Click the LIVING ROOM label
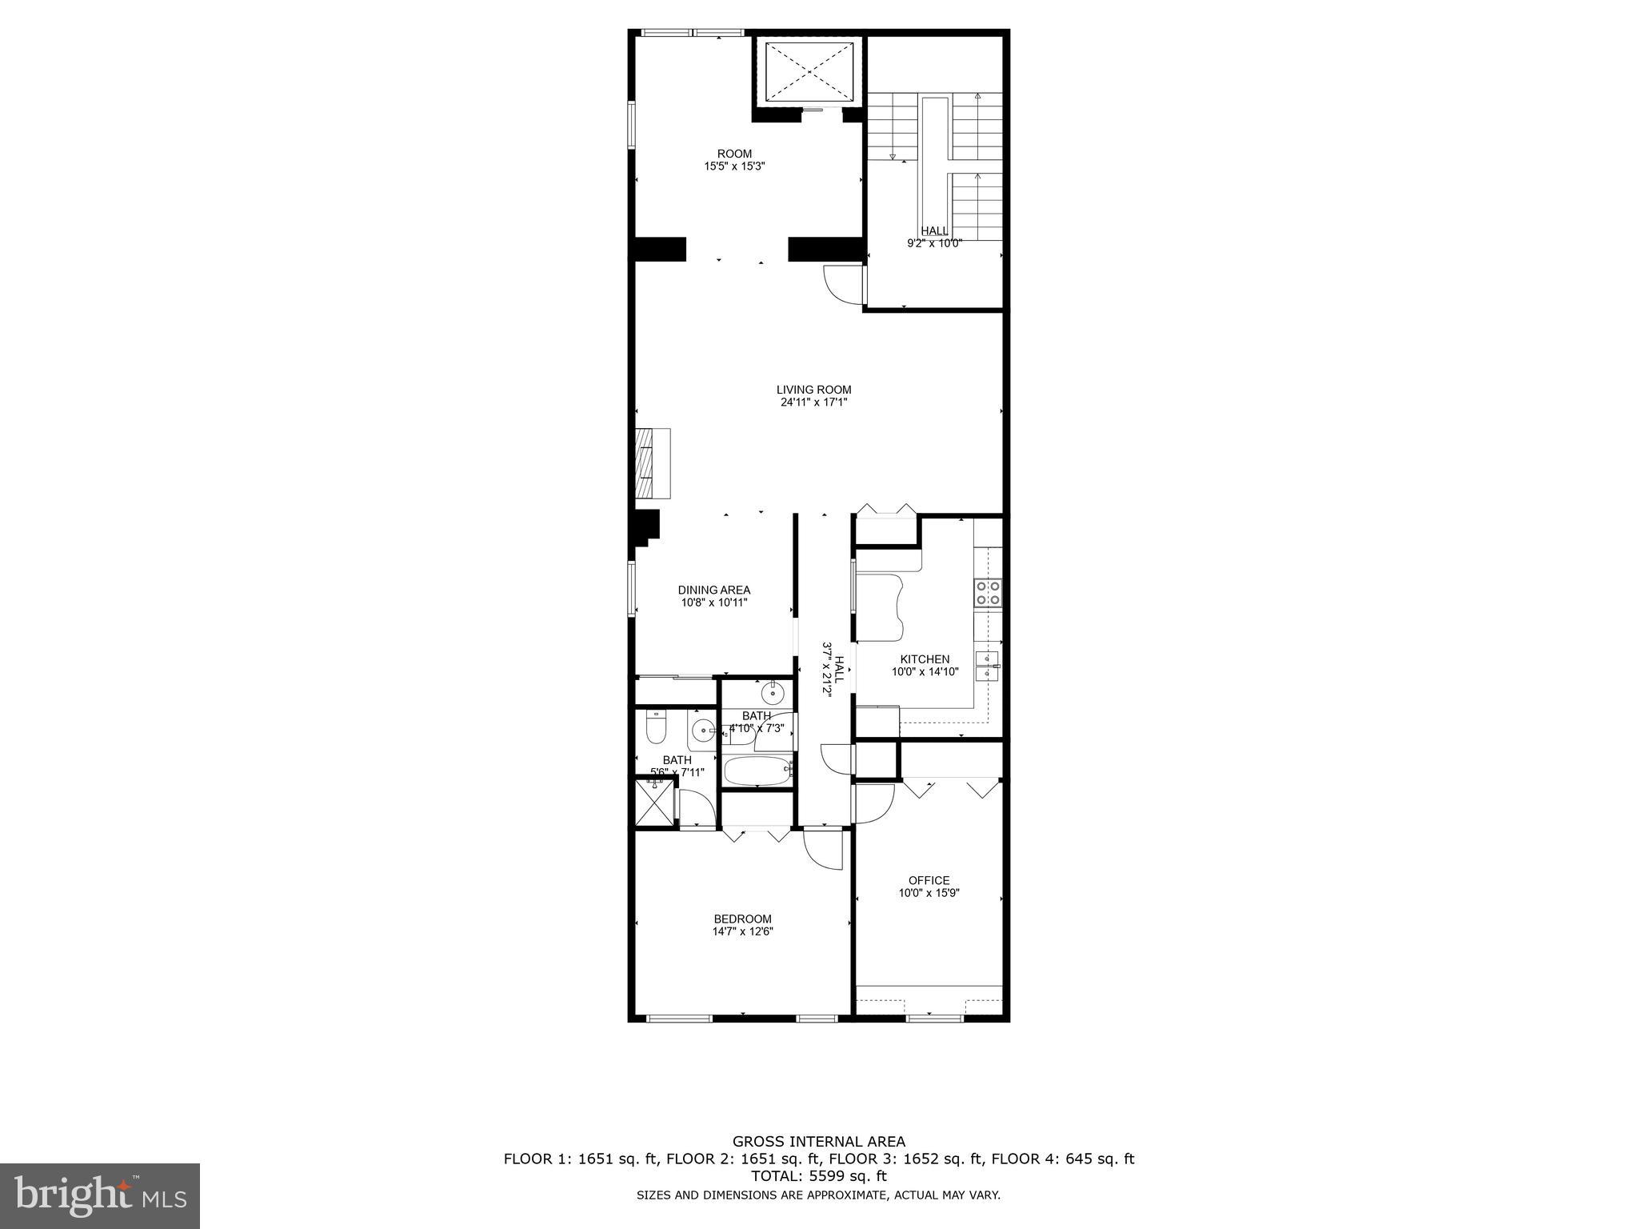click(x=813, y=390)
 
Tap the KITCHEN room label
click(x=925, y=659)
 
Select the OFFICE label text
click(x=929, y=880)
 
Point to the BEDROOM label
click(x=742, y=919)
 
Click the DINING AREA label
click(x=714, y=590)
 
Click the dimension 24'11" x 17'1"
click(x=813, y=402)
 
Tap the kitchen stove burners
click(x=988, y=593)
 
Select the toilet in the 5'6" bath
click(x=656, y=729)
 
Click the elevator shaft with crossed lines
click(x=809, y=72)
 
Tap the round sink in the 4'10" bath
click(x=772, y=692)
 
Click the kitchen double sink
click(x=989, y=666)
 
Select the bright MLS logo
click(x=100, y=1195)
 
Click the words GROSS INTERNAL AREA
click(x=819, y=1142)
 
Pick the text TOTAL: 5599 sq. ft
click(x=819, y=1176)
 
